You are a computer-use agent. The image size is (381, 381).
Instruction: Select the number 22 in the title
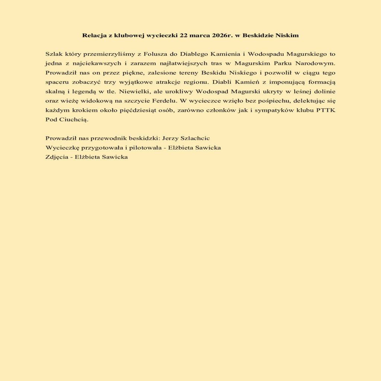point(184,36)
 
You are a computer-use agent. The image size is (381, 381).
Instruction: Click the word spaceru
point(56,82)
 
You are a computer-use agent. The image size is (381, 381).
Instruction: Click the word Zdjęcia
point(57,157)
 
